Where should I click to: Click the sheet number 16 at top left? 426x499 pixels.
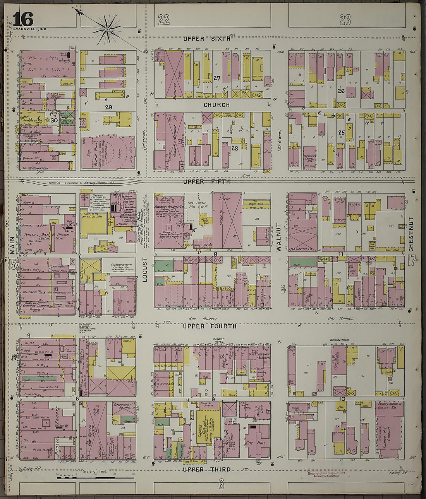click(x=23, y=19)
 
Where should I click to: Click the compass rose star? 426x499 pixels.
click(x=106, y=29)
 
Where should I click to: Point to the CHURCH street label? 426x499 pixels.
click(x=216, y=105)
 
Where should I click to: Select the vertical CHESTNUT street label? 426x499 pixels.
click(x=411, y=234)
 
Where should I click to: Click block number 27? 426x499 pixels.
click(x=217, y=78)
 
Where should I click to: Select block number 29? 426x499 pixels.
click(x=108, y=107)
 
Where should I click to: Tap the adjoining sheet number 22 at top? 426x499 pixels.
click(x=164, y=19)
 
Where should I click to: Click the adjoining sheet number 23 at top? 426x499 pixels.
click(x=345, y=19)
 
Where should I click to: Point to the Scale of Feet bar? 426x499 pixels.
click(x=96, y=478)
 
